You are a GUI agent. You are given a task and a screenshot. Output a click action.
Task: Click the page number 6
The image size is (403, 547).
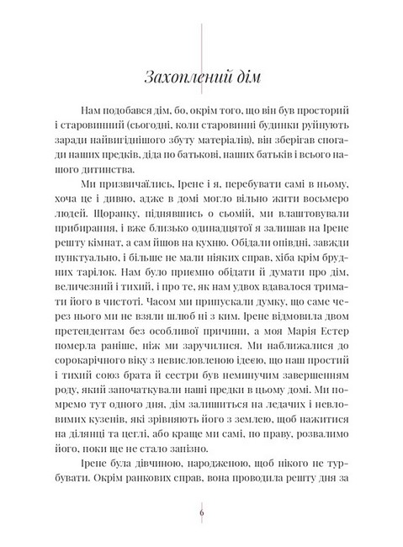pyautogui.click(x=202, y=514)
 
